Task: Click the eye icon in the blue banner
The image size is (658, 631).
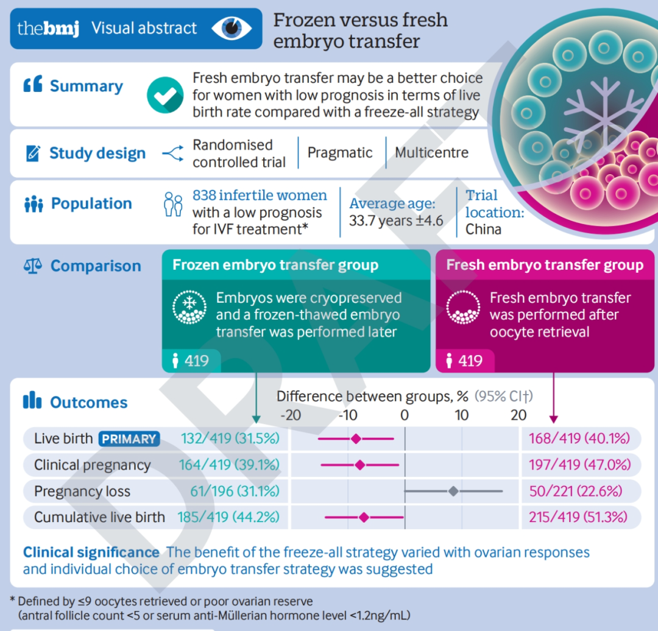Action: click(x=232, y=28)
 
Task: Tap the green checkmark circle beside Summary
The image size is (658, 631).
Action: click(x=165, y=95)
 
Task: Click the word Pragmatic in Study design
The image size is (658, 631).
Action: click(x=340, y=153)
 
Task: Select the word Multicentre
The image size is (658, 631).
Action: click(x=431, y=152)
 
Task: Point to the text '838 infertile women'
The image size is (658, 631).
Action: click(x=260, y=195)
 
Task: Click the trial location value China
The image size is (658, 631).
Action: click(x=483, y=229)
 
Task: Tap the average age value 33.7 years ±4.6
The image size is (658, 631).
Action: click(x=396, y=220)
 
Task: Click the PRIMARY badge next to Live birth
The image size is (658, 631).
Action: click(x=129, y=439)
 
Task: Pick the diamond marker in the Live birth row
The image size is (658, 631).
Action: click(x=356, y=439)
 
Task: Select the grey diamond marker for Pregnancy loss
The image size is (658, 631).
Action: click(x=453, y=491)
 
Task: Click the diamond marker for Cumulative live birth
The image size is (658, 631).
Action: click(x=364, y=517)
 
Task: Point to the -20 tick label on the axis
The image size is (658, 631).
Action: click(x=291, y=415)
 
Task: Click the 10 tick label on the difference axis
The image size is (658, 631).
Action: click(x=462, y=415)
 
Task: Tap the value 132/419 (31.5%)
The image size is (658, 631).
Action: click(x=230, y=439)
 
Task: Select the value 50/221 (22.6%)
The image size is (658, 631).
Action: click(x=575, y=491)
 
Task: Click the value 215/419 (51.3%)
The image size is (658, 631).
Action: click(x=578, y=517)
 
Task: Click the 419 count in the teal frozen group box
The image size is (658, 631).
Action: click(x=196, y=361)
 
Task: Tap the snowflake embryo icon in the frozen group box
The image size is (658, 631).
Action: click(x=189, y=307)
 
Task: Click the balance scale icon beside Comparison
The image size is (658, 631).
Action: click(x=33, y=266)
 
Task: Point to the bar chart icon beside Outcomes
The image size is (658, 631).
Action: click(x=32, y=400)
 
